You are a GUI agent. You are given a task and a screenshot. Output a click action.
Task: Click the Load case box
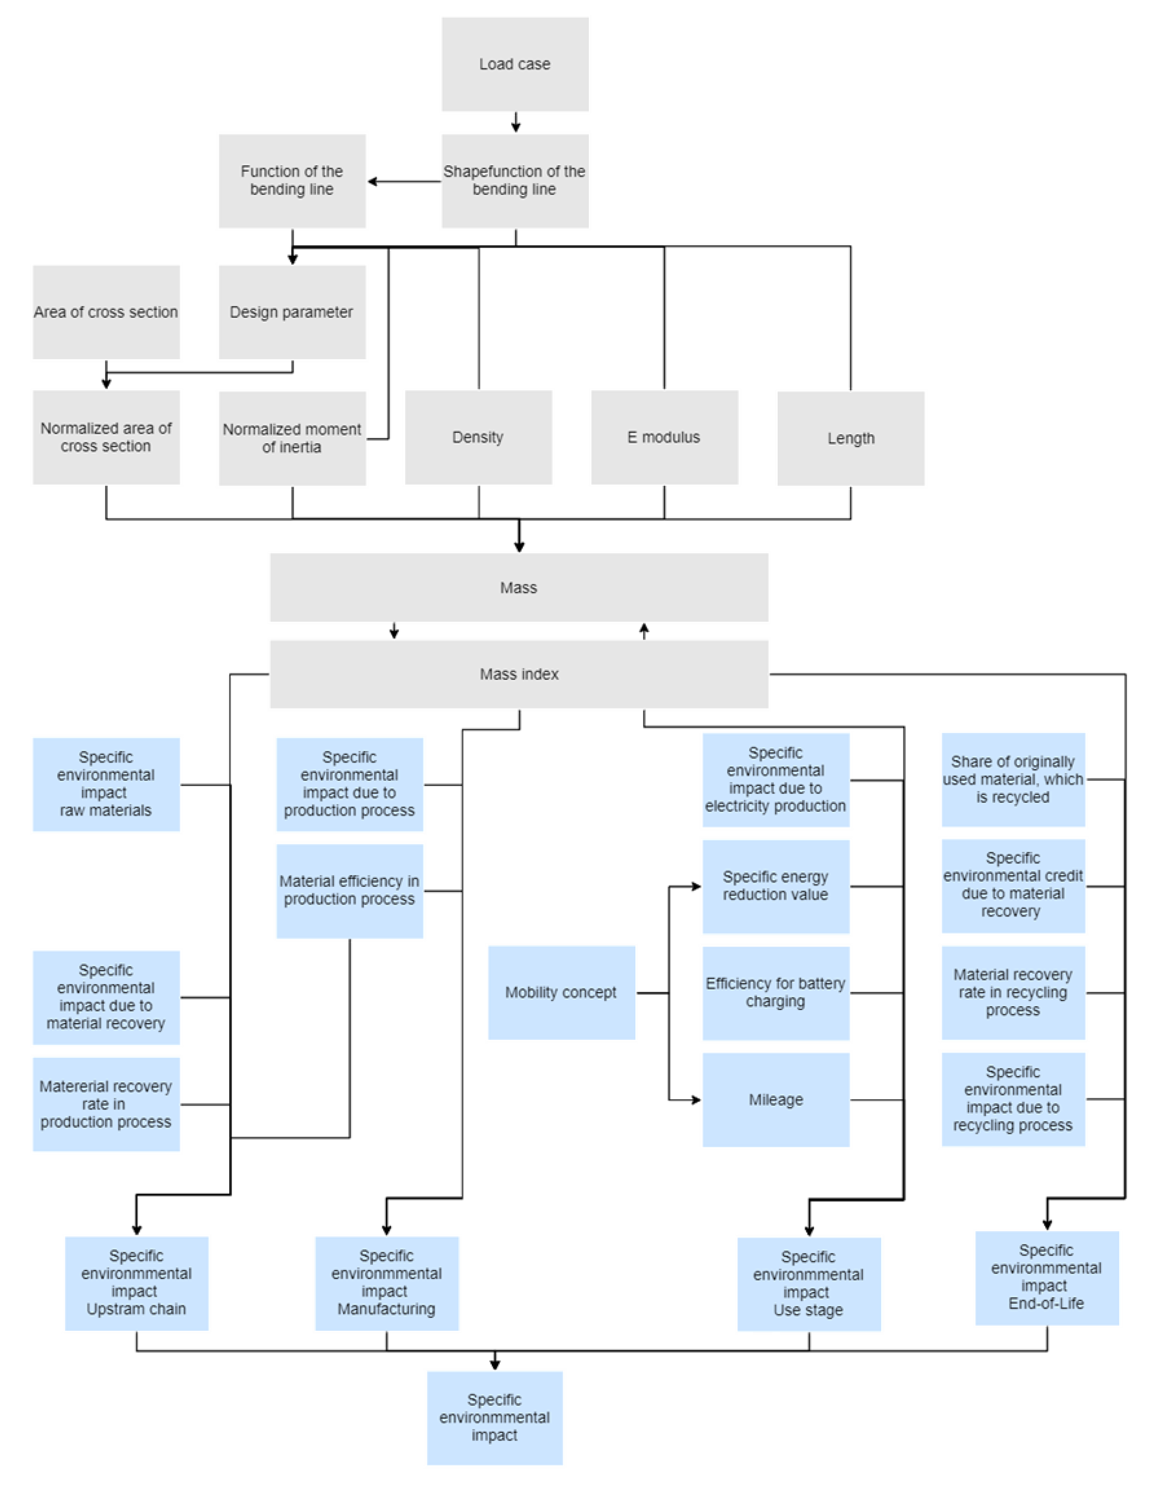515,64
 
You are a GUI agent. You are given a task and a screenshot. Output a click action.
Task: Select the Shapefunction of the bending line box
515,181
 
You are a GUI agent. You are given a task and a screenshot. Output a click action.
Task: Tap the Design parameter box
292,312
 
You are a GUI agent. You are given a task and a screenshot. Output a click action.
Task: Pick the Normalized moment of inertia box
292,438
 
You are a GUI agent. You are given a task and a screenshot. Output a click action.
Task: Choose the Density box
478,437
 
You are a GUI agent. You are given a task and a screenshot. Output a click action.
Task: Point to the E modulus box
664,437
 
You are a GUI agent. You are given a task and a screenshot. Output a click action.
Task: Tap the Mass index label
519,674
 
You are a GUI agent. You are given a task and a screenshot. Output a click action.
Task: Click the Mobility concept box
561,993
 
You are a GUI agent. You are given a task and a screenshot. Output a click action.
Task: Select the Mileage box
776,1100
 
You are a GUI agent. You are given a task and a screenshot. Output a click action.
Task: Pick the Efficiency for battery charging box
776,993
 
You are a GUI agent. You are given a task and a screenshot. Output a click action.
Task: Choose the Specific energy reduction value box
776,886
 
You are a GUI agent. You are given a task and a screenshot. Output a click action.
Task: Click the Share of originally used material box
1013,779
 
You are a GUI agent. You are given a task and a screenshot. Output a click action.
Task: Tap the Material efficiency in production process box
349,890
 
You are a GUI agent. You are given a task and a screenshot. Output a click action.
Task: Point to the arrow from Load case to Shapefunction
515,123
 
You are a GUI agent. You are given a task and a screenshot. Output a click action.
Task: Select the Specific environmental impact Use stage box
808,1284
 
